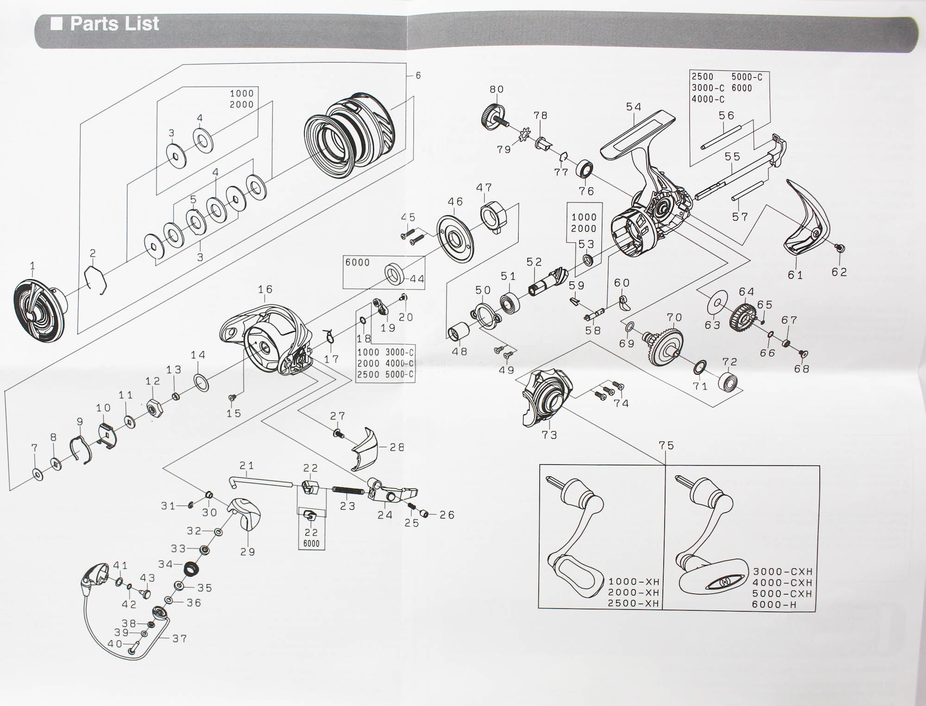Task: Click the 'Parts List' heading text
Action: click(x=114, y=24)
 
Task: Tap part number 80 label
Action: click(x=496, y=89)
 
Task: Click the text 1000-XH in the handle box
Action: click(x=633, y=581)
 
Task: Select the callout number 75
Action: click(x=666, y=445)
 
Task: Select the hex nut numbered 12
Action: click(x=153, y=408)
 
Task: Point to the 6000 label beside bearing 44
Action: click(x=357, y=263)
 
